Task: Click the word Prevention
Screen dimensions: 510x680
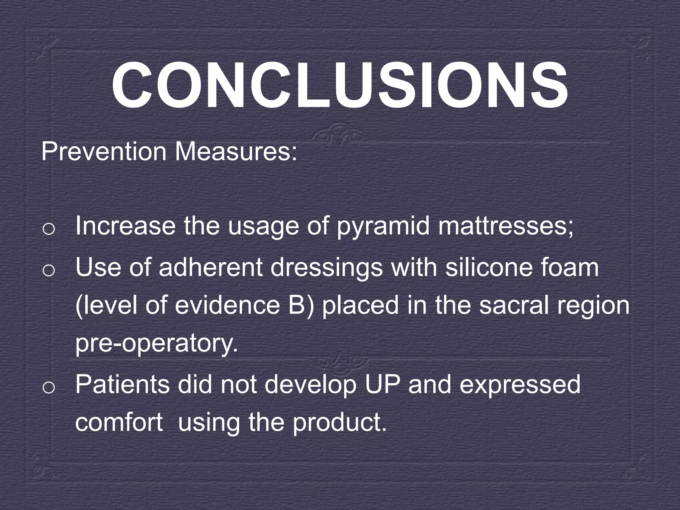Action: tap(104, 152)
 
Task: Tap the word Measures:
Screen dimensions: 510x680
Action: tap(236, 152)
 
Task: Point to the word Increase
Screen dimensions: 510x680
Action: tap(125, 226)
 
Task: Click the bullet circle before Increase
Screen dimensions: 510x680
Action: tap(48, 229)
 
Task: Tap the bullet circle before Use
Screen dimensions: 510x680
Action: tap(48, 271)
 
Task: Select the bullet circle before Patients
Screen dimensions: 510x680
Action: tap(48, 387)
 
